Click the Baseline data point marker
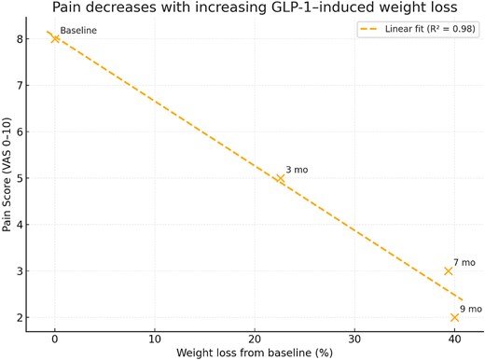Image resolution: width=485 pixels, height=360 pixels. pos(55,39)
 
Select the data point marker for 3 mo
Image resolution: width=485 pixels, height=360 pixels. pos(280,178)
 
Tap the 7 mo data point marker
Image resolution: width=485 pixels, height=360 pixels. pos(449,271)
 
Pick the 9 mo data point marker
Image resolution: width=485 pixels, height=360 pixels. pos(454,317)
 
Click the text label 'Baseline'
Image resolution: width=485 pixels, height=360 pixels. pos(77,31)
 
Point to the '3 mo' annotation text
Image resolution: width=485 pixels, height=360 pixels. pos(297,170)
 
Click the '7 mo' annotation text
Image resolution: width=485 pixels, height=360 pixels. pos(464,263)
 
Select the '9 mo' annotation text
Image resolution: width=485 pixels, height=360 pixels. pos(470,309)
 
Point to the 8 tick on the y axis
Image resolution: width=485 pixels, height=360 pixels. pos(32,39)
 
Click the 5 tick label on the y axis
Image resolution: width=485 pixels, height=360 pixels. pos(32,178)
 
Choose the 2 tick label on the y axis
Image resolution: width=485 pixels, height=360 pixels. pos(32,318)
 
